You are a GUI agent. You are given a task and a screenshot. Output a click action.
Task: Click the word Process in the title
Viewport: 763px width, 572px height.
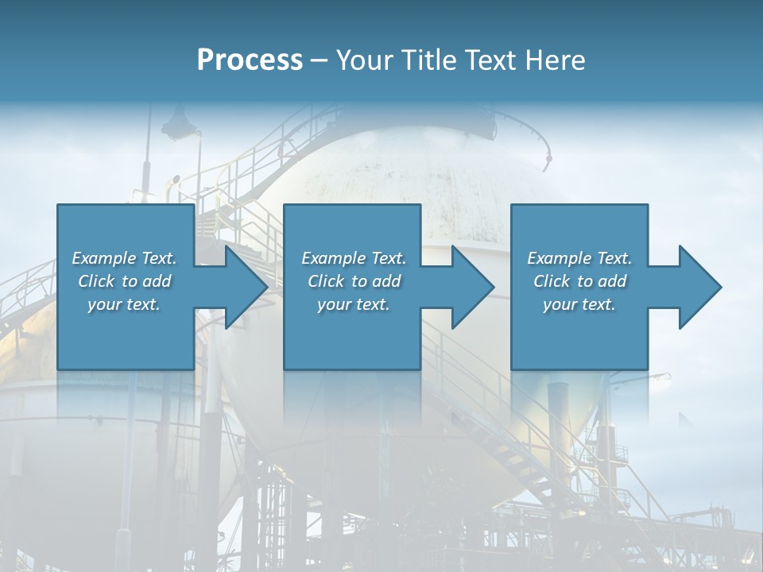[x=250, y=60]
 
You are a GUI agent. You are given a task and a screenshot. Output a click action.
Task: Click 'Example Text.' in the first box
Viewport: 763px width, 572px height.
[x=124, y=258]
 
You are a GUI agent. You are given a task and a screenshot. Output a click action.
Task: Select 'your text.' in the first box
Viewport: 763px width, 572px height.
[x=124, y=304]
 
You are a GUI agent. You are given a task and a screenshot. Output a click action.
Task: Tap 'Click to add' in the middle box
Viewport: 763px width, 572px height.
[x=354, y=281]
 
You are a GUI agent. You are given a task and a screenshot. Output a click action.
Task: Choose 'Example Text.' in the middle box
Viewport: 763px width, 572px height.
[x=354, y=258]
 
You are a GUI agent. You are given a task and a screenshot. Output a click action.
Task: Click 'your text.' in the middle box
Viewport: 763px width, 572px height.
[x=354, y=304]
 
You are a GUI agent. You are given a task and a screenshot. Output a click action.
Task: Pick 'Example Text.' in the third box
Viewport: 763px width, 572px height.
[x=579, y=258]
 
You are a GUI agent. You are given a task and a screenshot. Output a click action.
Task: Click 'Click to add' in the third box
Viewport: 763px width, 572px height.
[x=579, y=281]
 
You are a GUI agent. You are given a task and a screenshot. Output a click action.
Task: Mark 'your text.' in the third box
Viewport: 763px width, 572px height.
[x=579, y=304]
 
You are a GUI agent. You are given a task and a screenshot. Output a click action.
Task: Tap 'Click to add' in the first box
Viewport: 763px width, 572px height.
[x=124, y=281]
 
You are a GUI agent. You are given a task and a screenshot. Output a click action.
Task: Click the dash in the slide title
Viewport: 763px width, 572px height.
[x=320, y=61]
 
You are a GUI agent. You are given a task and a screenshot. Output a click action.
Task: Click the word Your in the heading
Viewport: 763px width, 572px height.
[x=362, y=60]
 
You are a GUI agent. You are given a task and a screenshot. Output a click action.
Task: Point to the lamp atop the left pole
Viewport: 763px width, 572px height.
[x=179, y=123]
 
